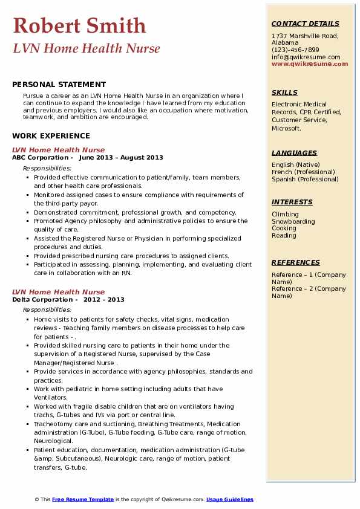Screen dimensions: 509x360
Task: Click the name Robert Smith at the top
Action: point(79,25)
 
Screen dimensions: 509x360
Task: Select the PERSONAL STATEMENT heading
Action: point(59,85)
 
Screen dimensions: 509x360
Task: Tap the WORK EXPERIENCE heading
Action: point(51,136)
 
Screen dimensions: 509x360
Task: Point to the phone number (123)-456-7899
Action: point(295,50)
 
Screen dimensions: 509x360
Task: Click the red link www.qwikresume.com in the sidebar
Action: point(306,63)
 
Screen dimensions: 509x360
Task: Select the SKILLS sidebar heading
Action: point(284,92)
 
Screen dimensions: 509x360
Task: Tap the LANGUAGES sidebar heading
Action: point(294,153)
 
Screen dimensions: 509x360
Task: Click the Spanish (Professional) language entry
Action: point(306,179)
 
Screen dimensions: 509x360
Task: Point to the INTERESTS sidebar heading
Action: point(292,202)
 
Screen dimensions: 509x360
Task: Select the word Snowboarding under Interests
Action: point(293,221)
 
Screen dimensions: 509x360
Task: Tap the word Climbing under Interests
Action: point(285,214)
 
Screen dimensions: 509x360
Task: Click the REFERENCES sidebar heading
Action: point(295,262)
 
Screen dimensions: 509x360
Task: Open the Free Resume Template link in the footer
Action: point(83,499)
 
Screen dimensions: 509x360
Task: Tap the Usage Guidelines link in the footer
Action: point(229,499)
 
